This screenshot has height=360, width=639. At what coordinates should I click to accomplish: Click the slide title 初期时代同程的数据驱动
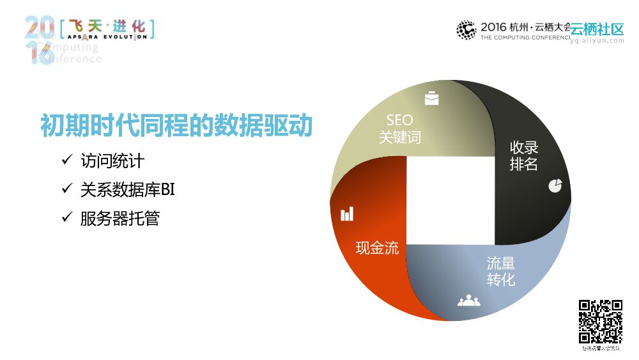click(176, 125)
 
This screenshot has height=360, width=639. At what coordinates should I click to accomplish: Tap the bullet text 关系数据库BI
click(127, 189)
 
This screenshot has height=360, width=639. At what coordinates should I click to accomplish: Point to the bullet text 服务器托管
click(119, 219)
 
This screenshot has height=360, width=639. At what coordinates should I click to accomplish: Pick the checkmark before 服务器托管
click(66, 218)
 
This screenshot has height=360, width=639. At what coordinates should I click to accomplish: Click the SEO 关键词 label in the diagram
click(399, 129)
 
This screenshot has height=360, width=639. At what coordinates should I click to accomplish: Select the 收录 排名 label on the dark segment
click(523, 155)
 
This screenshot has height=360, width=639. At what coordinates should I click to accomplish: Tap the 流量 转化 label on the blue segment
click(501, 272)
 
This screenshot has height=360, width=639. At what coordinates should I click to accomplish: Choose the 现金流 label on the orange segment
click(377, 248)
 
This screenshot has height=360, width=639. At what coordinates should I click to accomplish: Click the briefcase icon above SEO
click(432, 98)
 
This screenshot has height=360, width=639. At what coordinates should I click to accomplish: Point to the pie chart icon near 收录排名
click(555, 185)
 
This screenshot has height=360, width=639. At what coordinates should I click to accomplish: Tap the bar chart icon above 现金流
click(347, 214)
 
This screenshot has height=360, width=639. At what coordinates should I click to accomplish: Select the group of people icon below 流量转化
click(469, 300)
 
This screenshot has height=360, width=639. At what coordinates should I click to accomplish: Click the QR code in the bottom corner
click(601, 322)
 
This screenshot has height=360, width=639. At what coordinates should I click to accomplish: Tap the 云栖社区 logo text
click(597, 29)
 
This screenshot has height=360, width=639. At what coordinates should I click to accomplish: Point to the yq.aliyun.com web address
click(597, 40)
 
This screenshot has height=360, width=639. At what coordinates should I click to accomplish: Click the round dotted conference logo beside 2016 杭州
click(466, 29)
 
